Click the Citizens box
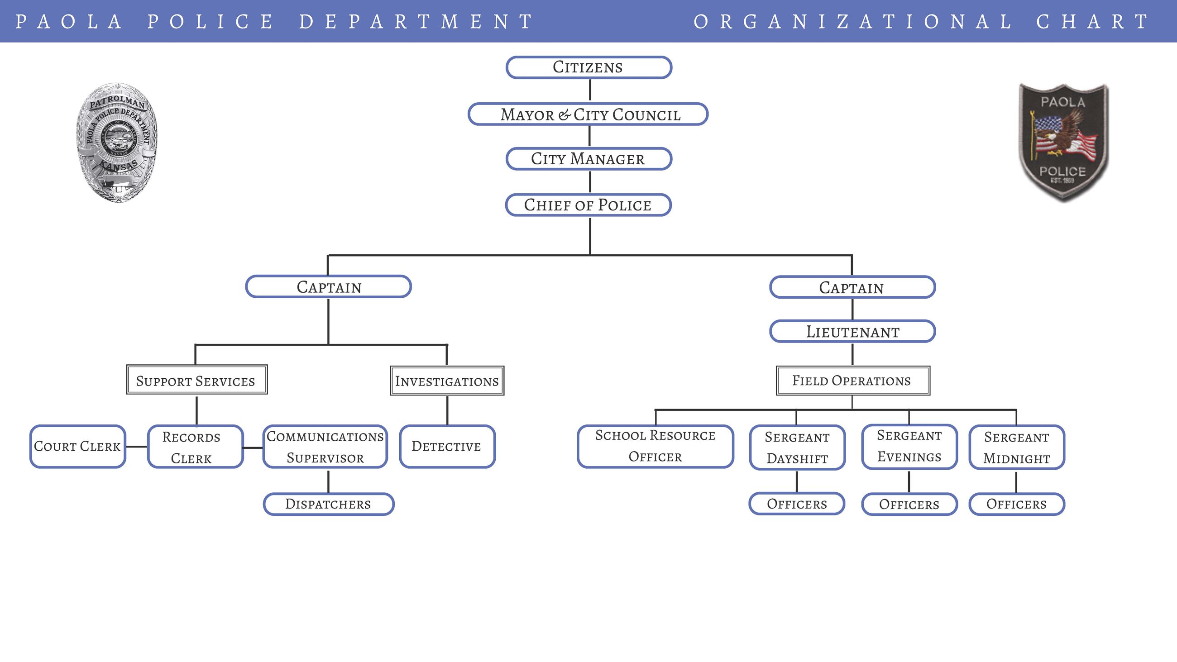pos(588,67)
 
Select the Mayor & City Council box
pos(588,114)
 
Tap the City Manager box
pos(588,159)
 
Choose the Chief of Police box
pos(588,205)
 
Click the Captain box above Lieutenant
pos(852,287)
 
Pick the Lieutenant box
pos(852,332)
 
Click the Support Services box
pos(196,380)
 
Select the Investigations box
pos(447,381)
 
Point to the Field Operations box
pos(852,381)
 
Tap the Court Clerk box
pos(78,446)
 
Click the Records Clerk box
pos(195,447)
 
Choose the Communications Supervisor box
pos(325,447)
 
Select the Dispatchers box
pos(329,504)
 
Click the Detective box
pos(447,446)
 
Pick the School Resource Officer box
pos(655,446)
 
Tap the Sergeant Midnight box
pos(1017,447)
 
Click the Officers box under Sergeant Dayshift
pos(797,504)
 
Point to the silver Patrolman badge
pos(117,142)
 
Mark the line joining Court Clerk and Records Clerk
pos(136,446)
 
